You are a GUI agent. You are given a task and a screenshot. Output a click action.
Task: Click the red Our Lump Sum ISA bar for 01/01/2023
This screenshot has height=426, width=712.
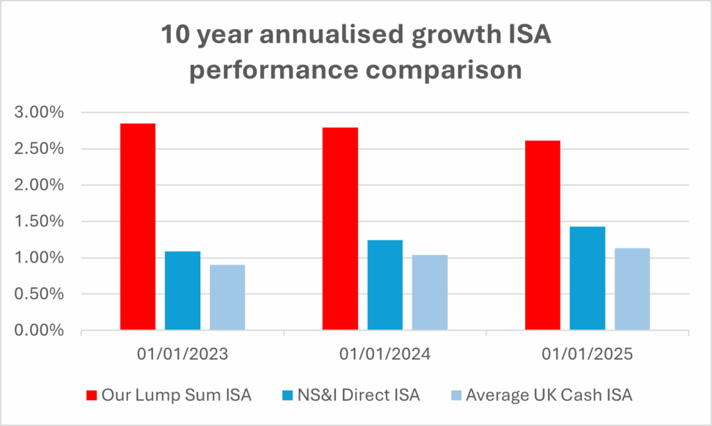tap(138, 227)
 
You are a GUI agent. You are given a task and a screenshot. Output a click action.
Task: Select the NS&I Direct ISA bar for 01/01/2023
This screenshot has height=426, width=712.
tap(182, 290)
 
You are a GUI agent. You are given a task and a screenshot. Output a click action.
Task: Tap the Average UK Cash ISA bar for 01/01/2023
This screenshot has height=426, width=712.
tap(227, 297)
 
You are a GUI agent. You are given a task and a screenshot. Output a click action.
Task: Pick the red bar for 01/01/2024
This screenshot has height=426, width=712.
tap(340, 229)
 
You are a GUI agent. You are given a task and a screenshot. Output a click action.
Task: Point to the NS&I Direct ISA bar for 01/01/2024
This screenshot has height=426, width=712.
tap(385, 285)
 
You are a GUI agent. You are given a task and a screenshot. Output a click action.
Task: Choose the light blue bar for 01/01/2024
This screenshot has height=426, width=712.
tap(430, 293)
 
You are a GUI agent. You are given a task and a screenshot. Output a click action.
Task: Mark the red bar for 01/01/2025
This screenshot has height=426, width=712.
tap(542, 236)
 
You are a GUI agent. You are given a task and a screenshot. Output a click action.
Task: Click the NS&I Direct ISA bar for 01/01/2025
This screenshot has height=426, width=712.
tap(588, 278)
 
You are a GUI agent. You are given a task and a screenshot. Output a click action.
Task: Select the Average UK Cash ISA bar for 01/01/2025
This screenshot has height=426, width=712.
tap(632, 289)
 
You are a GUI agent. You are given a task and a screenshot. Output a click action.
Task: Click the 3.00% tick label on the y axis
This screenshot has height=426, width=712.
tap(44, 113)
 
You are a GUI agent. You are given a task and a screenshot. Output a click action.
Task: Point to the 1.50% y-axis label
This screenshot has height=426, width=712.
tap(44, 222)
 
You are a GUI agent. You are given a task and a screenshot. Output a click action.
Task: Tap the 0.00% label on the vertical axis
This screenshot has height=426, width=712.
tap(44, 331)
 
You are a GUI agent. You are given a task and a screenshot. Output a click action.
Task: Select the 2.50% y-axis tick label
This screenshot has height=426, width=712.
tap(44, 149)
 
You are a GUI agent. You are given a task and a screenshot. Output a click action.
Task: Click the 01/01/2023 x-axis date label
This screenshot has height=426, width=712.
tap(182, 354)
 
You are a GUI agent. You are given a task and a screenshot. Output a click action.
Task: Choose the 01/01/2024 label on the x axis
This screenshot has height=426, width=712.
tap(385, 354)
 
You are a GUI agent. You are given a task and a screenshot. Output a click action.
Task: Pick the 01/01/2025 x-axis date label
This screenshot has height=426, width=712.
tap(588, 354)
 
